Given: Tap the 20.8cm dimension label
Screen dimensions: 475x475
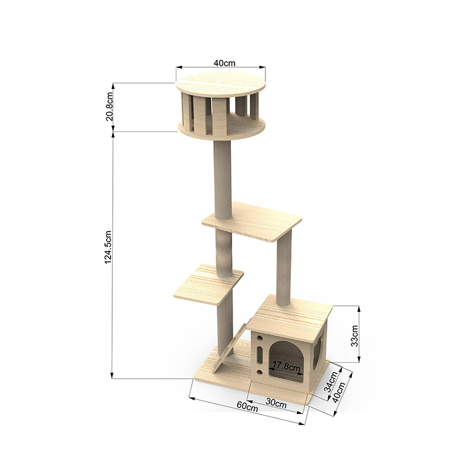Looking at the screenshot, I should tap(109, 107).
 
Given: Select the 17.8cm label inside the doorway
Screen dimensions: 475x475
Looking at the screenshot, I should tap(285, 366).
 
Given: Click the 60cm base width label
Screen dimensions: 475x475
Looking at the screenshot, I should tap(247, 406).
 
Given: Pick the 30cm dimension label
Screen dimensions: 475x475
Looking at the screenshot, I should tap(276, 403).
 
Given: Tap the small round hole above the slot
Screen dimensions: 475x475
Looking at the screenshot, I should tap(260, 338).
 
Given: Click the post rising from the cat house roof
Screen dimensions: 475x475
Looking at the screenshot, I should tap(284, 267).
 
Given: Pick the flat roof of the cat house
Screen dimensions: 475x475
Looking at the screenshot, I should tap(291, 312).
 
